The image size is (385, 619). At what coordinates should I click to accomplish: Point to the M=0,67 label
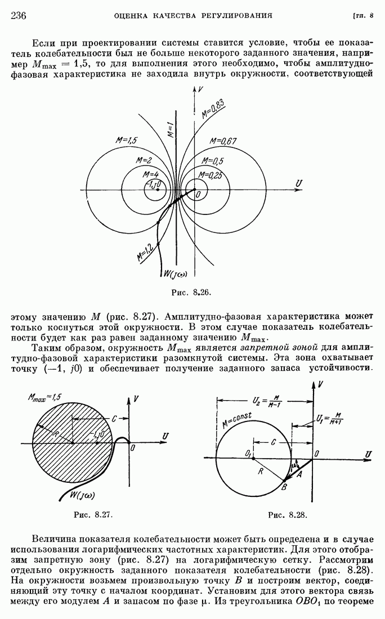pyautogui.click(x=223, y=141)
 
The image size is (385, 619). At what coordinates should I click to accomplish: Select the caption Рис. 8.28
pyautogui.click(x=288, y=514)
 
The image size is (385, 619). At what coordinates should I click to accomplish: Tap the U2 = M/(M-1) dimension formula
pyautogui.click(x=265, y=402)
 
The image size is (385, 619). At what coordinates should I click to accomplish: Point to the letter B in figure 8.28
pyautogui.click(x=285, y=487)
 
